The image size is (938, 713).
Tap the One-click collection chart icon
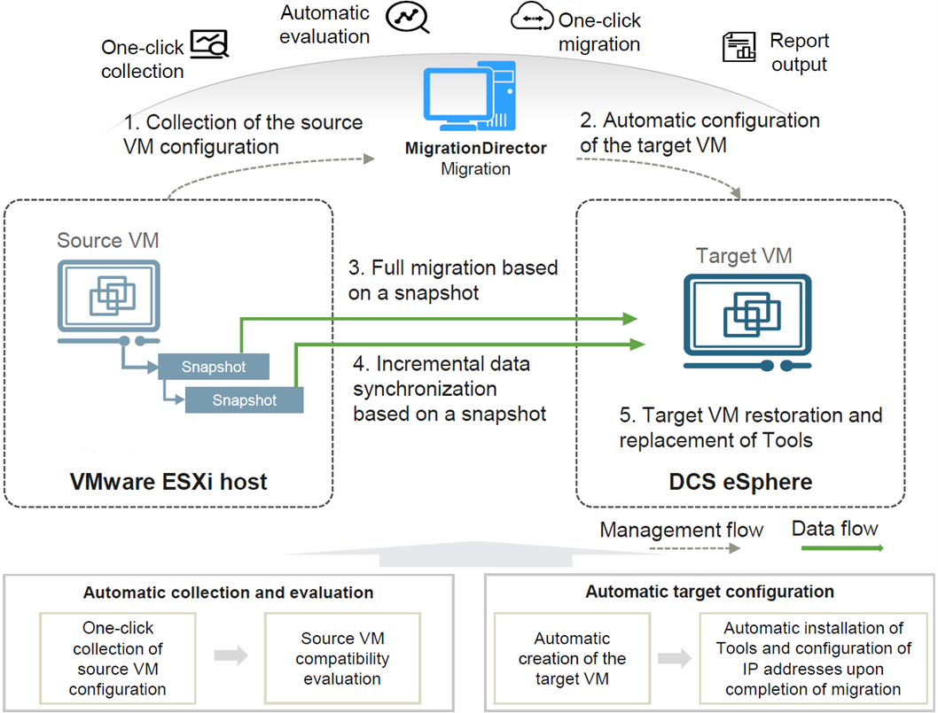[x=210, y=43]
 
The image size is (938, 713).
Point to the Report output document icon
[x=739, y=47]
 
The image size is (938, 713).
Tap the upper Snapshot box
[x=214, y=367]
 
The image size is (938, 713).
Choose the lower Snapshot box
[x=244, y=400]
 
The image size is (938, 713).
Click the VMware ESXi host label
[x=168, y=483]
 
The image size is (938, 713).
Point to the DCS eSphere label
[x=740, y=483]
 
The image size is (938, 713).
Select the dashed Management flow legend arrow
[x=694, y=549]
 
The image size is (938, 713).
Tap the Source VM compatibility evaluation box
[x=341, y=659]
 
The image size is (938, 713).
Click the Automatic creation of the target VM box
[x=574, y=659]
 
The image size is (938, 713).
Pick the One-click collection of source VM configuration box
[x=117, y=659]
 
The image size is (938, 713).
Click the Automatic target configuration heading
[x=709, y=592]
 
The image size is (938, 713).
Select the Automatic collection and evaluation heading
[x=228, y=593]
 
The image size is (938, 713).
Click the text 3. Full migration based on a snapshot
[x=452, y=279]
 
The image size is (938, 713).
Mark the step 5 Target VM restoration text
[x=751, y=427]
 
